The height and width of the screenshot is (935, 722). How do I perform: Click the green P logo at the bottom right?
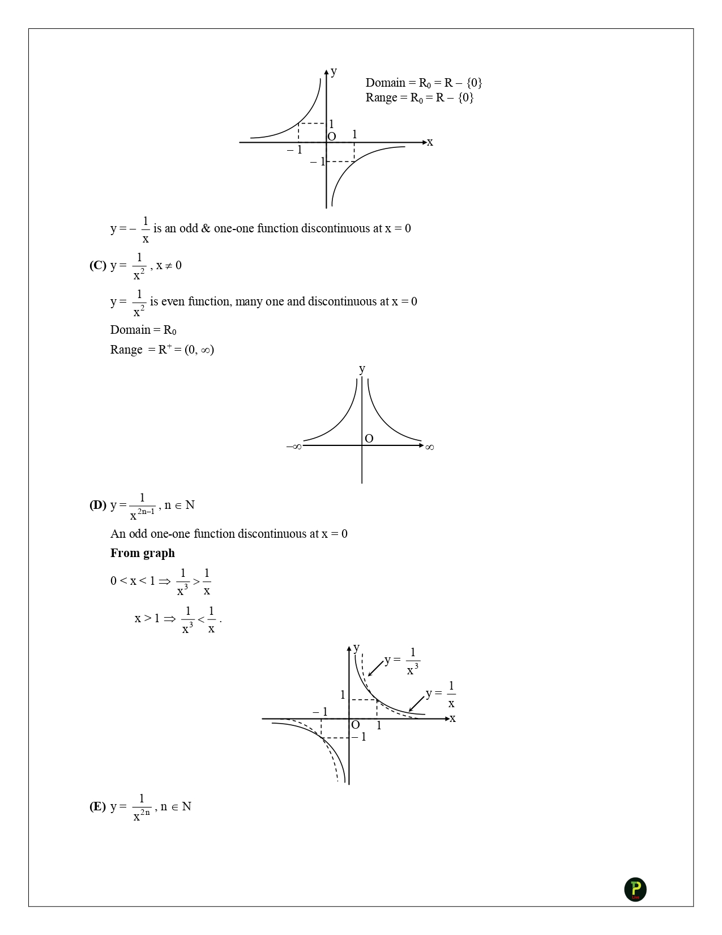point(635,889)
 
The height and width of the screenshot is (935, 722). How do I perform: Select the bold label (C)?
point(97,265)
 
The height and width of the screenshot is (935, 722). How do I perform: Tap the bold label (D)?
point(97,505)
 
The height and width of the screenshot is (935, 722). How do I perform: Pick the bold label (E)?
point(97,806)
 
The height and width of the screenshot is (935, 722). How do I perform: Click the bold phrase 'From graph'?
point(142,553)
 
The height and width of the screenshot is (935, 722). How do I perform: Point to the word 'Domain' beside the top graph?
point(385,83)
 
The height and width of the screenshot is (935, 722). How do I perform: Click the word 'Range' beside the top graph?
point(381,97)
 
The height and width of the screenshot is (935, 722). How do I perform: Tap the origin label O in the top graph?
point(332,137)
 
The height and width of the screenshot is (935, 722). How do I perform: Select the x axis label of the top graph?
point(430,142)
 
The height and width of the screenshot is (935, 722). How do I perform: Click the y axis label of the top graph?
point(334,71)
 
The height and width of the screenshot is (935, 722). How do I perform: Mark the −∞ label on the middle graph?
point(293,447)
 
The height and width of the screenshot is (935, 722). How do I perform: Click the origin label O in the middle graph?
point(369,439)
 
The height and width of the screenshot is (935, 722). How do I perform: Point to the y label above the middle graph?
point(362,369)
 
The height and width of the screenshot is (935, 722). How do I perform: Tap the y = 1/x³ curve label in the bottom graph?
point(402,661)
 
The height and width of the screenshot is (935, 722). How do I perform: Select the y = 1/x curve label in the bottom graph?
point(441,695)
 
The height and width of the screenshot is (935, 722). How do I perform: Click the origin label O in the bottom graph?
point(356,725)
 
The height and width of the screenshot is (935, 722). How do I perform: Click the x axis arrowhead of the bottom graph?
point(446,719)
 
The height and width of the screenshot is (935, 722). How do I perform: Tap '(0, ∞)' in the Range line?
point(199,350)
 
